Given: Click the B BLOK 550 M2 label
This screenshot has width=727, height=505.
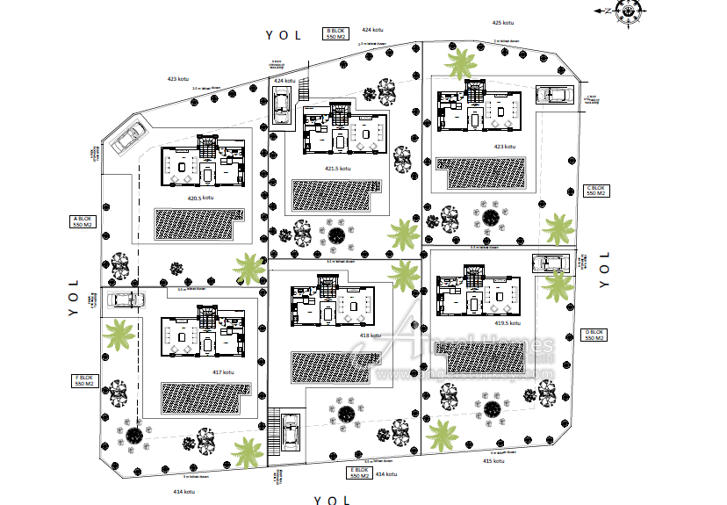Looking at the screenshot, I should [336, 33].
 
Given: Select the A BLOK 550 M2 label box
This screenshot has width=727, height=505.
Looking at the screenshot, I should [82, 221].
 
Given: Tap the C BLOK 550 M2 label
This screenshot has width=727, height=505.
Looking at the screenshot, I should [596, 191].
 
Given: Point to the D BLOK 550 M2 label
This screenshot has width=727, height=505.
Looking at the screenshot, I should [595, 335].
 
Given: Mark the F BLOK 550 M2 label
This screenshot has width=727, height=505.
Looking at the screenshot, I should [84, 381].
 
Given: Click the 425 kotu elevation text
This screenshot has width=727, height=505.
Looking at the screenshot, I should [502, 23].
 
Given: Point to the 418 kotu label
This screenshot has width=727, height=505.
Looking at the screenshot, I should [370, 335].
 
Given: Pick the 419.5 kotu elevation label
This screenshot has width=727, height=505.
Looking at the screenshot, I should [508, 322].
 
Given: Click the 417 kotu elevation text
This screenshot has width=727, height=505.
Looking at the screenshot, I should [223, 372].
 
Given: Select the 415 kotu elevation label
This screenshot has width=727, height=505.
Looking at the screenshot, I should [493, 460].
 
